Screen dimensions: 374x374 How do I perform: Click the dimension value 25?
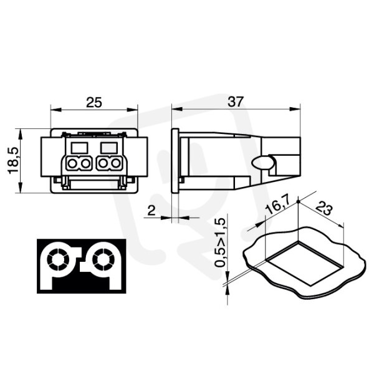point(93,102)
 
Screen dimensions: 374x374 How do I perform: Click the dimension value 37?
point(236,102)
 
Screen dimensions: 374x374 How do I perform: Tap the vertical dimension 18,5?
point(13,160)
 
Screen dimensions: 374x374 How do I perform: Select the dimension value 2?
point(151,211)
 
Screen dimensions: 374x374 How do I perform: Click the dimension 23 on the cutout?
point(324,208)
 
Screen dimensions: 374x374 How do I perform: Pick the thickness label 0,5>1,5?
point(220,242)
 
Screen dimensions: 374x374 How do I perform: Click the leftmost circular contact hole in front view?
point(72,163)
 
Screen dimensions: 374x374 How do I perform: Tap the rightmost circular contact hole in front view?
point(116,163)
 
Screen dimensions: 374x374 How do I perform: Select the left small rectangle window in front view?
point(80,148)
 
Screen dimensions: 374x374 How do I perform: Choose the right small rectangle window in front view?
point(109,148)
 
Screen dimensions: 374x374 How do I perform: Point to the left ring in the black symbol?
point(58,260)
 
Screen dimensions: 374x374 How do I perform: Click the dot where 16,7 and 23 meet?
point(298,202)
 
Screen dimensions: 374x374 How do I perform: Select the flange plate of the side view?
point(175,160)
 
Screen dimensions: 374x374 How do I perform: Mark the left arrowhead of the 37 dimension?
point(177,109)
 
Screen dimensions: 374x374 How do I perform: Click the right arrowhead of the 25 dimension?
point(132,110)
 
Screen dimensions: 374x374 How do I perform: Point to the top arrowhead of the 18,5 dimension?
point(21,134)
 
